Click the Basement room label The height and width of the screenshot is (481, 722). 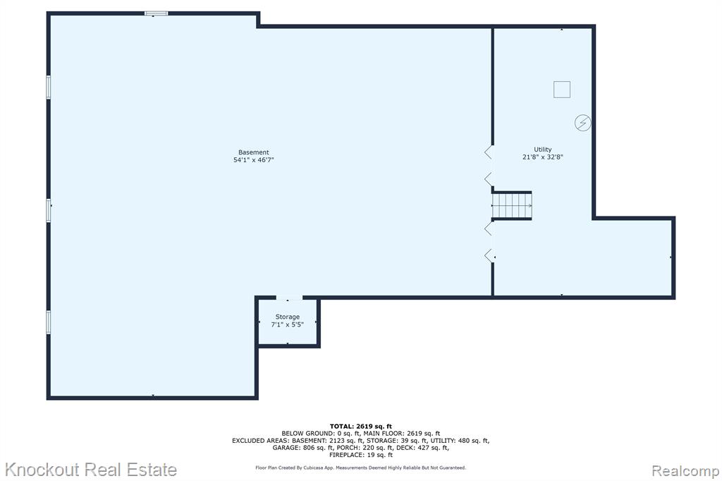pyautogui.click(x=253, y=152)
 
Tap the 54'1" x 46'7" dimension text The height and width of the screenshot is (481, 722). pyautogui.click(x=253, y=160)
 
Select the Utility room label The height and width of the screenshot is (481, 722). pyautogui.click(x=542, y=150)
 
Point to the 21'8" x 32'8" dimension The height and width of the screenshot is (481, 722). pyautogui.click(x=542, y=157)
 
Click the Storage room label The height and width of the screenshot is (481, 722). pyautogui.click(x=288, y=317)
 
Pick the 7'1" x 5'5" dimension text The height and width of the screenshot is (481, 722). pyautogui.click(x=288, y=324)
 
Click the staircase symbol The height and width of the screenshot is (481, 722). pyautogui.click(x=512, y=205)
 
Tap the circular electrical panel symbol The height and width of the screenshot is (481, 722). pyautogui.click(x=583, y=123)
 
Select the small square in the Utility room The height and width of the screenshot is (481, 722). pyautogui.click(x=562, y=90)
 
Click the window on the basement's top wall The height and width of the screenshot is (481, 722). pyautogui.click(x=156, y=13)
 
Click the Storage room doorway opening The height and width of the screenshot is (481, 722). pyautogui.click(x=289, y=298)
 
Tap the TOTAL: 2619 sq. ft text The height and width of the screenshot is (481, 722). pyautogui.click(x=360, y=426)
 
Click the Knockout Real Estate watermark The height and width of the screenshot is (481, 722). pyautogui.click(x=91, y=470)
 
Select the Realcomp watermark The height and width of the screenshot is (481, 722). pyautogui.click(x=685, y=471)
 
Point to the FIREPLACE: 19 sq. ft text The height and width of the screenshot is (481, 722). pyautogui.click(x=360, y=455)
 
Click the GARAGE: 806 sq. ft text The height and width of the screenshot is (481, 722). pyautogui.click(x=302, y=447)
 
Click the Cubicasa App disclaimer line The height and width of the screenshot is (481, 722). pyautogui.click(x=360, y=468)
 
